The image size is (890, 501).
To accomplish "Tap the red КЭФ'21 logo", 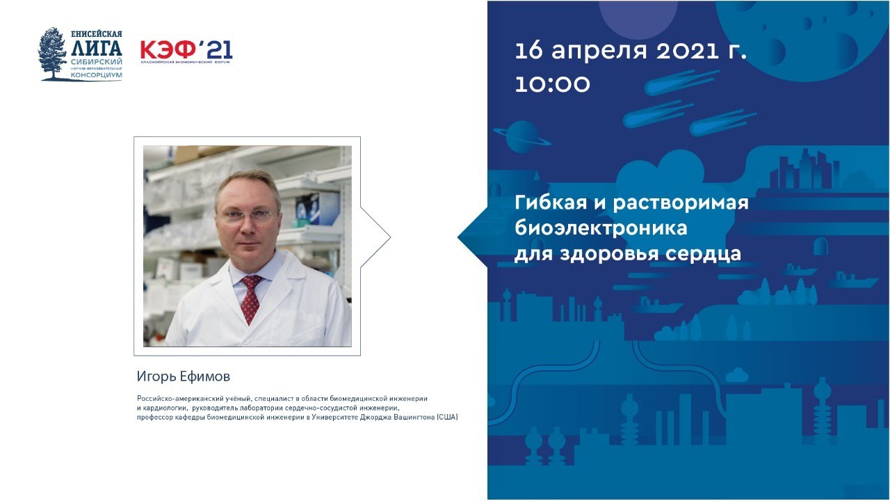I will (186, 50).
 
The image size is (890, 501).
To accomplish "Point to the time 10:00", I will (552, 84).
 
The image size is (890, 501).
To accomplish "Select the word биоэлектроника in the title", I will (601, 228).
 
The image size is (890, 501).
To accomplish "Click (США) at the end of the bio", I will (447, 417).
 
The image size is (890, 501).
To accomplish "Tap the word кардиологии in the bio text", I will (165, 408).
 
